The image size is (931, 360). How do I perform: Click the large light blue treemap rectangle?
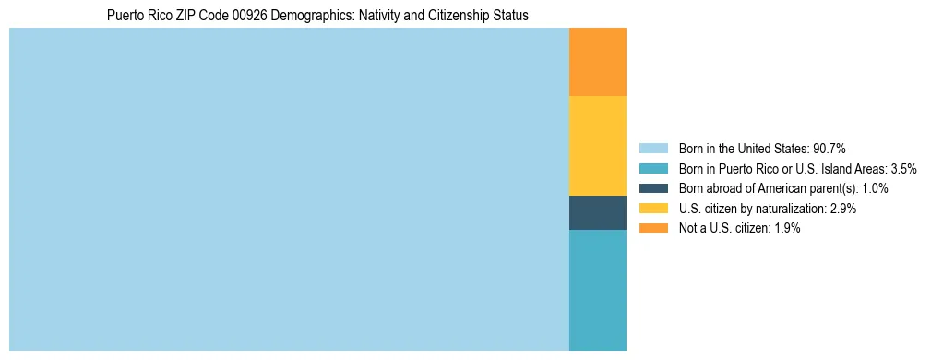(289, 189)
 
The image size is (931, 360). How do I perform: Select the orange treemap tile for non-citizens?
(597, 62)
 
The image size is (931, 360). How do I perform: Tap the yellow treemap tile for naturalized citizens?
(597, 146)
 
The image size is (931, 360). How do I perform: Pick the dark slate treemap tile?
(597, 212)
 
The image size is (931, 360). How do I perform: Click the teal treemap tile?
(597, 290)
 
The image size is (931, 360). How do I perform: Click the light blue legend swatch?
(652, 149)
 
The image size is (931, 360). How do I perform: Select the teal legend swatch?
(652, 169)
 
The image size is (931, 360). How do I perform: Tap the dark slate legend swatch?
(652, 188)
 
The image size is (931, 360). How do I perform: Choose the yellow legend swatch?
(652, 209)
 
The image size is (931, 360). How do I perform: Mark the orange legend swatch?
(652, 228)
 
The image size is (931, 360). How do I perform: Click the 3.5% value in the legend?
(900, 169)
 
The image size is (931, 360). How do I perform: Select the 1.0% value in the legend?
(873, 188)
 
